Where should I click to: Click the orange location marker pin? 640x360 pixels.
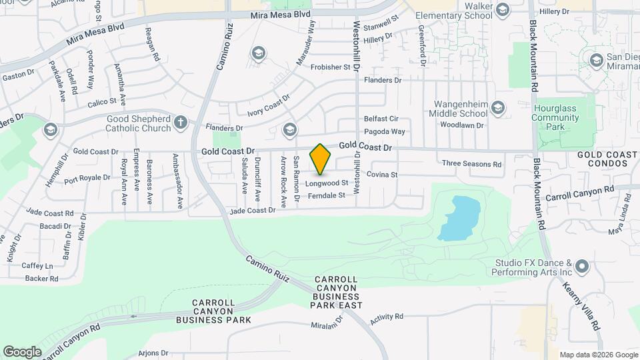[x=321, y=159]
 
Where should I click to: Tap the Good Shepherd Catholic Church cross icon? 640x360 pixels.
[x=181, y=122]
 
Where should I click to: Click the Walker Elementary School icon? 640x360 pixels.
[x=502, y=9]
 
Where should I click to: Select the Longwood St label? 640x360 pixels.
[x=327, y=183]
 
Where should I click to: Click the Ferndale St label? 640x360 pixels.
[x=327, y=196]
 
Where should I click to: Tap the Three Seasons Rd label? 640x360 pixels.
[x=470, y=163]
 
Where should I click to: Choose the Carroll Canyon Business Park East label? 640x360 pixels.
[x=336, y=292]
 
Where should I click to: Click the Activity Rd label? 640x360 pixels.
[x=387, y=317]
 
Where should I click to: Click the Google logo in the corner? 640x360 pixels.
[x=22, y=351]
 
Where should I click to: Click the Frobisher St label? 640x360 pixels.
[x=328, y=67]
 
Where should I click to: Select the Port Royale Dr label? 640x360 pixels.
[x=87, y=178]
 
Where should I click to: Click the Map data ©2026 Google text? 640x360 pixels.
[x=598, y=355]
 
